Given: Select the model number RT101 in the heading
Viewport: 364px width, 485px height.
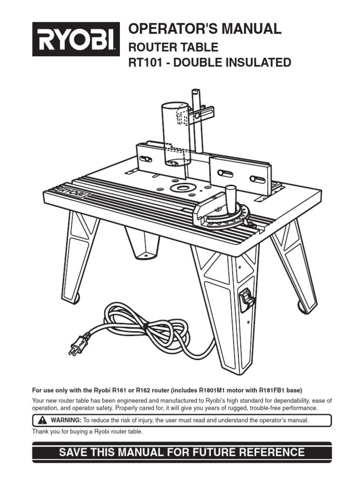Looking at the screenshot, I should click(x=145, y=63).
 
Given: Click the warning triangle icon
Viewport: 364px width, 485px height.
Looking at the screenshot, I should click(x=41, y=420).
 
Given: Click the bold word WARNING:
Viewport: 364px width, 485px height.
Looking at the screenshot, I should click(x=66, y=420).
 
